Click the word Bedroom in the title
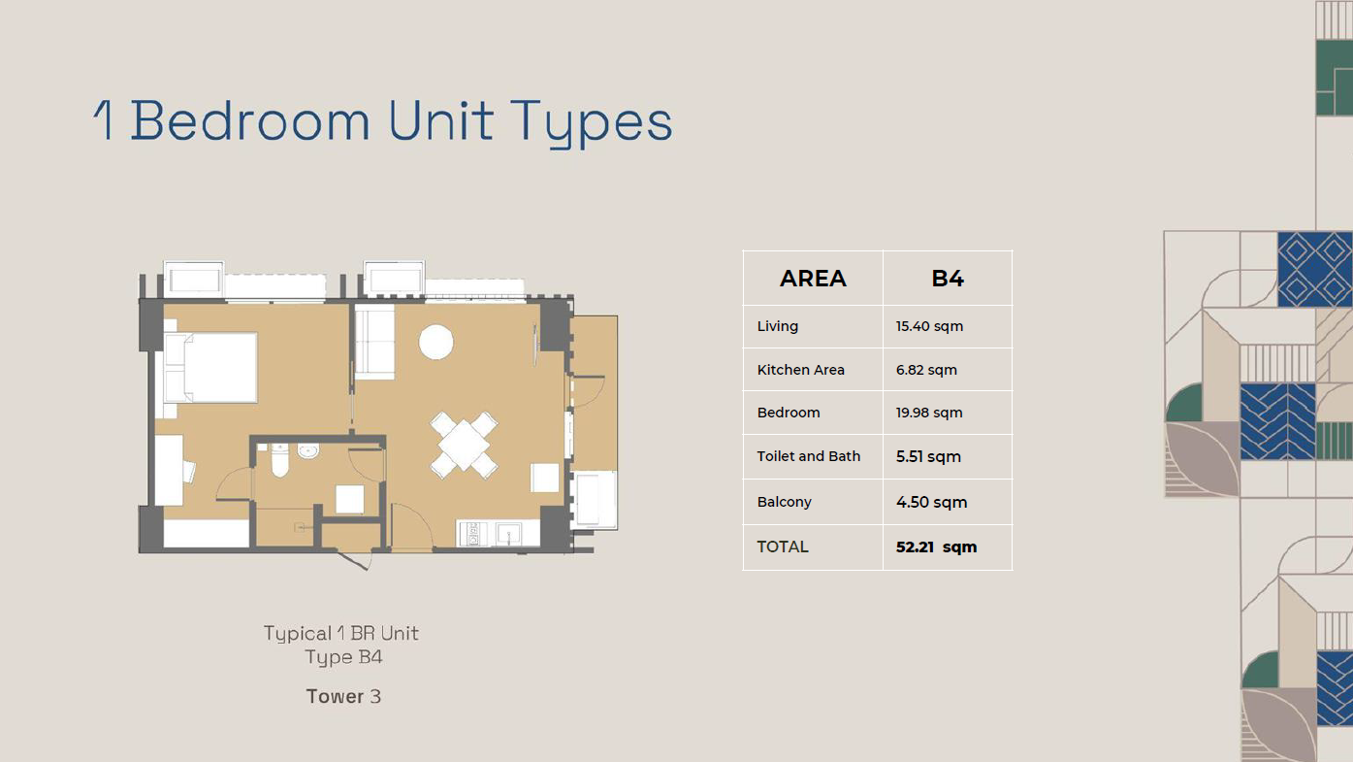[249, 121]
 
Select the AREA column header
[813, 279]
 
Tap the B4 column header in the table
[947, 279]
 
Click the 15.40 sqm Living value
[929, 326]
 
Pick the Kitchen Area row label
[800, 370]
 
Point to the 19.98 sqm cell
[929, 413]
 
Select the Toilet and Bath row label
[808, 456]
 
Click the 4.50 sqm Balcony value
[931, 502]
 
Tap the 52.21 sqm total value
[936, 547]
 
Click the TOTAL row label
[782, 547]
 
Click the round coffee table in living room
[436, 342]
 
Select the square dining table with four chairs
[464, 446]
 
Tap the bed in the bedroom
[210, 367]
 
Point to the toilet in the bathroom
[279, 460]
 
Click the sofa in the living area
[374, 342]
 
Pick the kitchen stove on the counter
[472, 534]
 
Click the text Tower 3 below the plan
[343, 697]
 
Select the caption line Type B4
[343, 657]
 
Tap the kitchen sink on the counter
[508, 534]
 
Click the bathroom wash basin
[308, 451]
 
